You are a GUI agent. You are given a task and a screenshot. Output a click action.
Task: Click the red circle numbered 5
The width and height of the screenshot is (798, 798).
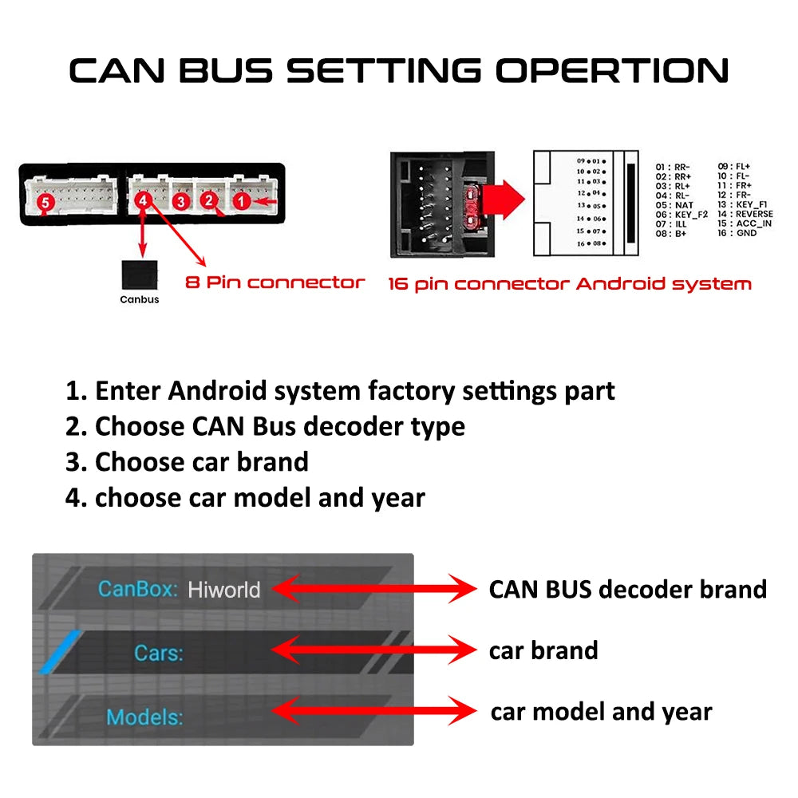[x=45, y=204]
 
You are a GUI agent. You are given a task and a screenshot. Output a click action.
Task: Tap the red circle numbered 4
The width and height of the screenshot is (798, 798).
[x=143, y=201]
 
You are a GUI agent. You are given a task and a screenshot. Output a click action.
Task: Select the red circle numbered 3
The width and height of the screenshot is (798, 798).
[x=181, y=202]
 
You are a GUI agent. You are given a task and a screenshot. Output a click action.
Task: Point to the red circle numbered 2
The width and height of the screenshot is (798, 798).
[x=209, y=200]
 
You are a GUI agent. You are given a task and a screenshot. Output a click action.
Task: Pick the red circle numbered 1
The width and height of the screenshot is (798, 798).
[x=241, y=202]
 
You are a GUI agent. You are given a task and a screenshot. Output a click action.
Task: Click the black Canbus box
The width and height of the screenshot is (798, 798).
[x=139, y=275]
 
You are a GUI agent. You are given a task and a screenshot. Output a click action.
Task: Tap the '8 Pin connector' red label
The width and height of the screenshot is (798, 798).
[x=275, y=282]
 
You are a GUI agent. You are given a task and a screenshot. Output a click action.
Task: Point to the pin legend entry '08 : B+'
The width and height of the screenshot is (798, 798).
[x=671, y=234]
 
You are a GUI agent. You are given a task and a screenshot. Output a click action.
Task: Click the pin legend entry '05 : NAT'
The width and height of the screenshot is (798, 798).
[x=674, y=205]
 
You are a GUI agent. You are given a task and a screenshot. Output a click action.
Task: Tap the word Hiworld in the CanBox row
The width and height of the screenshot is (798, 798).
[x=223, y=590]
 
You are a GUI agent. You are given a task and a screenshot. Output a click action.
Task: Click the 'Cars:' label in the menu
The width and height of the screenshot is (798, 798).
[x=158, y=654]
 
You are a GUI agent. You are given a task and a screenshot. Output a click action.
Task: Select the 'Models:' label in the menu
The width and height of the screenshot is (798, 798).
[x=144, y=717]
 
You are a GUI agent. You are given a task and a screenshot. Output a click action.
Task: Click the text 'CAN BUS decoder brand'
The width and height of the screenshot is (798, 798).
[x=627, y=590]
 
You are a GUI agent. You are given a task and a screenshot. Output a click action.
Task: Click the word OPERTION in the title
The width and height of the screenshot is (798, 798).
[x=612, y=70]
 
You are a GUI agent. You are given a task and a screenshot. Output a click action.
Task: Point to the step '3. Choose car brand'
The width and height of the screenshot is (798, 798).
[x=187, y=462]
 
